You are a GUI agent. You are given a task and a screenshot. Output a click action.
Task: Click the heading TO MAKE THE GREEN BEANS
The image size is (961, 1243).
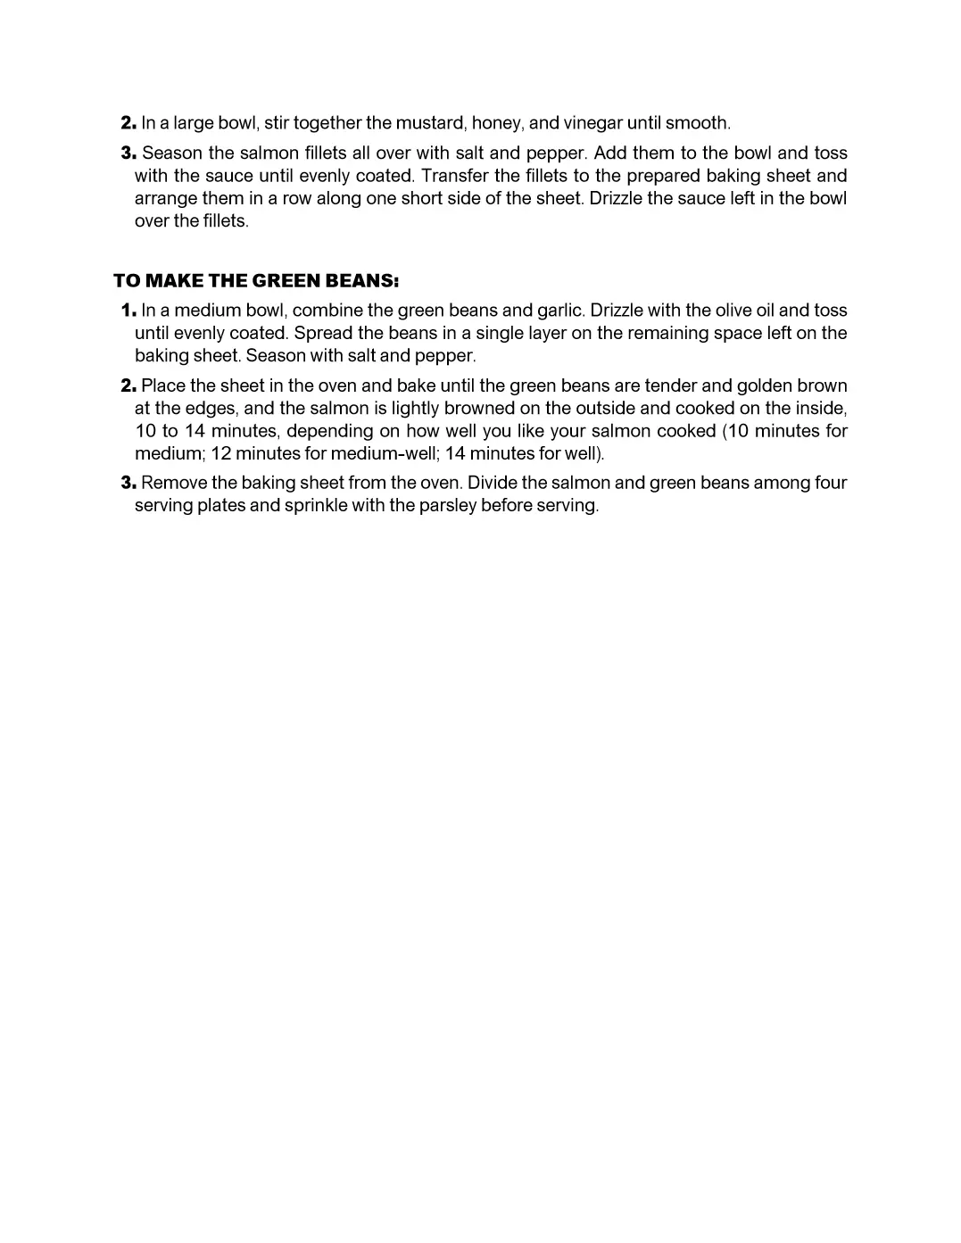pyautogui.click(x=255, y=281)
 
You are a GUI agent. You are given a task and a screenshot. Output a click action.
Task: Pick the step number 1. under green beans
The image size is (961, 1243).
pyautogui.click(x=128, y=311)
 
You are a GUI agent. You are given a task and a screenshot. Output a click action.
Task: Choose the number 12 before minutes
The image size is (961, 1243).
pyautogui.click(x=220, y=452)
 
